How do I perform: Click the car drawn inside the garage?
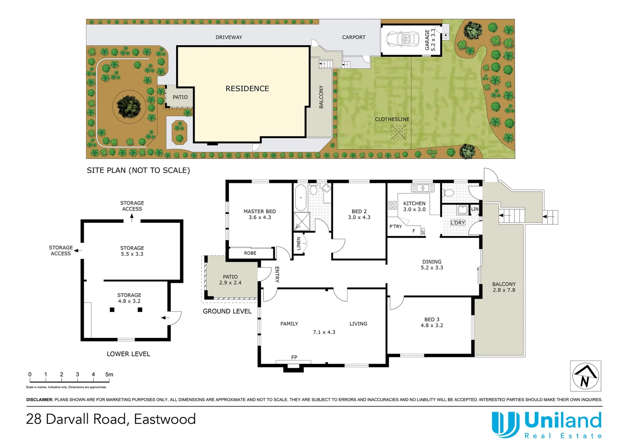point(399,40)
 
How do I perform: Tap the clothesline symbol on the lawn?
point(398,132)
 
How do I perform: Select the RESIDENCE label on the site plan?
point(247,89)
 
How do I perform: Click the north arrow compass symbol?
point(585,376)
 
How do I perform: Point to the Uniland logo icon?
point(505,425)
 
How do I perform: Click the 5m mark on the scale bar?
point(109,375)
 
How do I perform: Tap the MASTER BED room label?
point(259,211)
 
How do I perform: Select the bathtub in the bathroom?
point(301,197)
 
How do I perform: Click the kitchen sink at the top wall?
point(422,188)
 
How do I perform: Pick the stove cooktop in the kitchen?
point(392,205)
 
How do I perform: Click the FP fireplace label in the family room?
point(294,357)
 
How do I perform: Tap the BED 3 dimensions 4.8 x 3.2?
point(432,325)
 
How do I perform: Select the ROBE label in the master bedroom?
point(250,253)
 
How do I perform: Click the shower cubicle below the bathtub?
point(301,221)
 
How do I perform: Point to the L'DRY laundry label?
point(458,223)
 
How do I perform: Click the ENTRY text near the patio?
point(277,274)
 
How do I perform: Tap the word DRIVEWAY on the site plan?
point(229,37)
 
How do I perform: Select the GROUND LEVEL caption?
point(227,311)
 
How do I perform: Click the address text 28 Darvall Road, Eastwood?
point(111,419)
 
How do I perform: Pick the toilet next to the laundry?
point(448,192)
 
